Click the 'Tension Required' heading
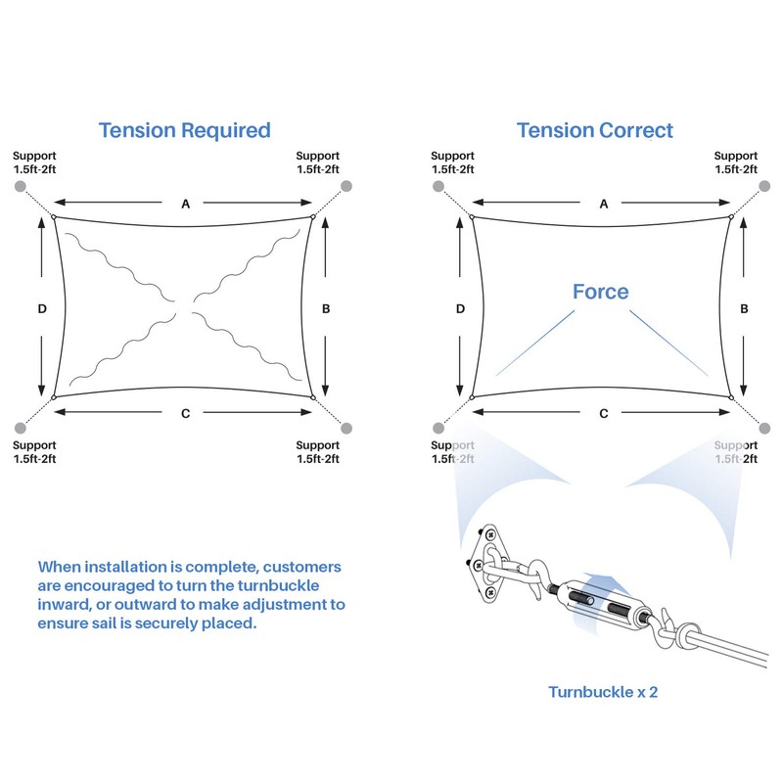185,131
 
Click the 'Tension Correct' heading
595,131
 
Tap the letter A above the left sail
186,204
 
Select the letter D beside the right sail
460,309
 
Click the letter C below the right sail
604,413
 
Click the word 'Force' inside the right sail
601,292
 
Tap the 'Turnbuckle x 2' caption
603,692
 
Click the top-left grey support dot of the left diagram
20,186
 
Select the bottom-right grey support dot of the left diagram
346,429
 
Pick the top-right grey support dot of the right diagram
764,186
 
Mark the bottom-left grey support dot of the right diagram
438,428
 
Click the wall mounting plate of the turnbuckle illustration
485,562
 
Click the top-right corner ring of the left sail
313,216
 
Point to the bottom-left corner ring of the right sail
472,397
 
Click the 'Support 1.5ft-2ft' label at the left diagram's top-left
34,162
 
